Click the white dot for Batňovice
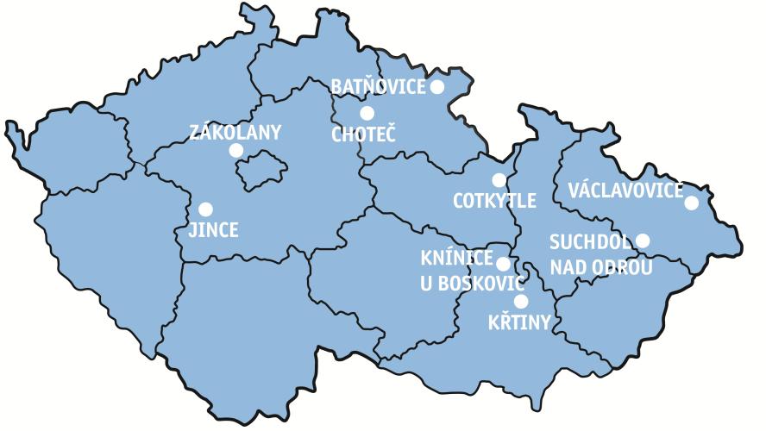pyautogui.click(x=436, y=86)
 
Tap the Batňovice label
pyautogui.click(x=379, y=87)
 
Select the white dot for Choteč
pyautogui.click(x=367, y=113)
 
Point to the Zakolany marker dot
pyautogui.click(x=236, y=151)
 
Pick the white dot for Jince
pyautogui.click(x=205, y=209)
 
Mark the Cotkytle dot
pyautogui.click(x=499, y=180)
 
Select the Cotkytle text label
pyautogui.click(x=494, y=202)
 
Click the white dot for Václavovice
pyautogui.click(x=691, y=203)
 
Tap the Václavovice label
pyautogui.click(x=625, y=191)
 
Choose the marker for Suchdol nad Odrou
pyautogui.click(x=643, y=240)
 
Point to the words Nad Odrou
pyautogui.click(x=601, y=267)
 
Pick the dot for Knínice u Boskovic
pyautogui.click(x=503, y=264)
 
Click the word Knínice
pyautogui.click(x=456, y=259)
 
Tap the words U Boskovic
pyautogui.click(x=471, y=282)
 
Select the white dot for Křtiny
pyautogui.click(x=520, y=301)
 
